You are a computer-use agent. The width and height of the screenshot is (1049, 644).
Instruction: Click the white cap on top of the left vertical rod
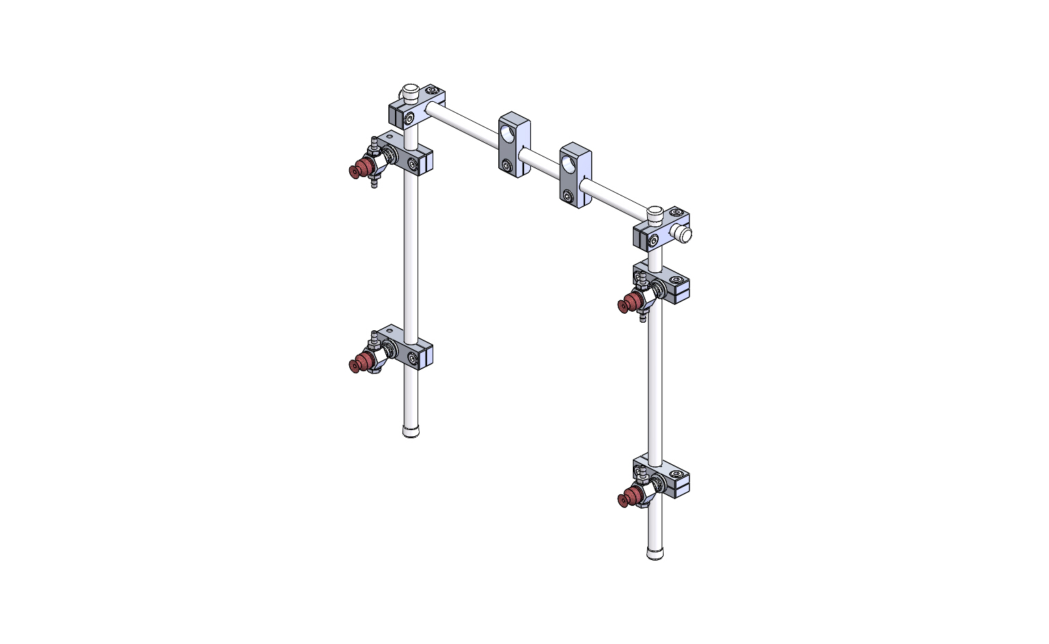pos(410,90)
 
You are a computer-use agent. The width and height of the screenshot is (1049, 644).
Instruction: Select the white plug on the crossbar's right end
pos(683,234)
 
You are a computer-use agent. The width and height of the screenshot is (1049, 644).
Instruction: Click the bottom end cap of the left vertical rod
pos(411,431)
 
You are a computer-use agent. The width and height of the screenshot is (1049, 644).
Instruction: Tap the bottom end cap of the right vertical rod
pos(655,553)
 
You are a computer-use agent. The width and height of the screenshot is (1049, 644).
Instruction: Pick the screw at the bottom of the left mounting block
pos(506,165)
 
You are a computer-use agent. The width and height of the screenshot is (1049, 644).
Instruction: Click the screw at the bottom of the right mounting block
pos(568,197)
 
